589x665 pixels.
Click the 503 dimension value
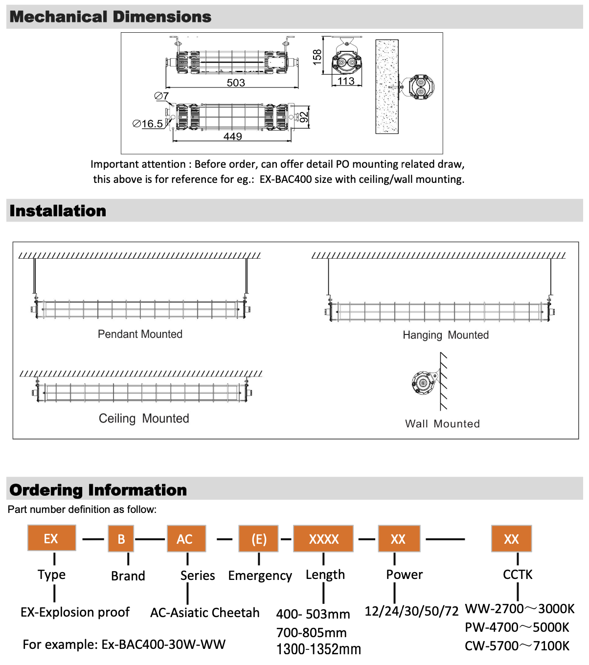point(236,83)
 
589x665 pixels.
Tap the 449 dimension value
point(233,136)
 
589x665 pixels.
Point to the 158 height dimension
point(317,57)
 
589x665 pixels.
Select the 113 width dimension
point(346,81)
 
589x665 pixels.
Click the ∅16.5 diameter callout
point(148,124)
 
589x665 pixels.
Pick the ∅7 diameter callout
point(161,96)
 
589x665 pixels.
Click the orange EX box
point(51,538)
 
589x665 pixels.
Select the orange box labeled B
point(121,539)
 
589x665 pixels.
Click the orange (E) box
point(258,539)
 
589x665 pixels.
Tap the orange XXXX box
point(323,539)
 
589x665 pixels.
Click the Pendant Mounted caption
point(140,334)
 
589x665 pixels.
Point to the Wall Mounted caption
point(442,423)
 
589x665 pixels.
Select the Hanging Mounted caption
point(446,335)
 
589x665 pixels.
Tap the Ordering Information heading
point(98,490)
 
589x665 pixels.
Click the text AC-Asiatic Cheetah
point(205,613)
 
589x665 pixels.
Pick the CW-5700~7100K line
point(517,646)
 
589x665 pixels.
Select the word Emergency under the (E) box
point(260,576)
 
